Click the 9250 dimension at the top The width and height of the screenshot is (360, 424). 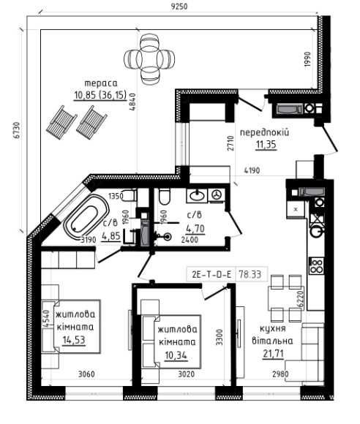(179, 6)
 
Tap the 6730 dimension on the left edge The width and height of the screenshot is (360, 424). (17, 131)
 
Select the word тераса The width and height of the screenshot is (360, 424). (101, 83)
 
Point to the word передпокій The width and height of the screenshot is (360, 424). (264, 132)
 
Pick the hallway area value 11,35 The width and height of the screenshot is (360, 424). (266, 145)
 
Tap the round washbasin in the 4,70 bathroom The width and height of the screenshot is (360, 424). (197, 195)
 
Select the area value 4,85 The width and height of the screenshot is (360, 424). (111, 236)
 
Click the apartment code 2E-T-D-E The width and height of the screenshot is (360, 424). (211, 274)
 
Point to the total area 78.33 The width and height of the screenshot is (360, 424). (250, 274)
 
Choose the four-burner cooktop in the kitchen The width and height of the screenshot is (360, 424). (317, 265)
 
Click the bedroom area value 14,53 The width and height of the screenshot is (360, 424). (74, 340)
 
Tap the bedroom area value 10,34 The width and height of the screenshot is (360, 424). (176, 355)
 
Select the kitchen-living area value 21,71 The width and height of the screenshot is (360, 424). (274, 353)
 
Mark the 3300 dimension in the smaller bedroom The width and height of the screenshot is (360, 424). (220, 337)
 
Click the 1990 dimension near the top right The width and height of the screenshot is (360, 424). (307, 59)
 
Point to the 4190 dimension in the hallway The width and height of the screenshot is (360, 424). (252, 170)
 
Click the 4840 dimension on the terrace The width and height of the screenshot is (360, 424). (132, 102)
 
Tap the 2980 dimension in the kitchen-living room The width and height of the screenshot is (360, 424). (280, 374)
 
